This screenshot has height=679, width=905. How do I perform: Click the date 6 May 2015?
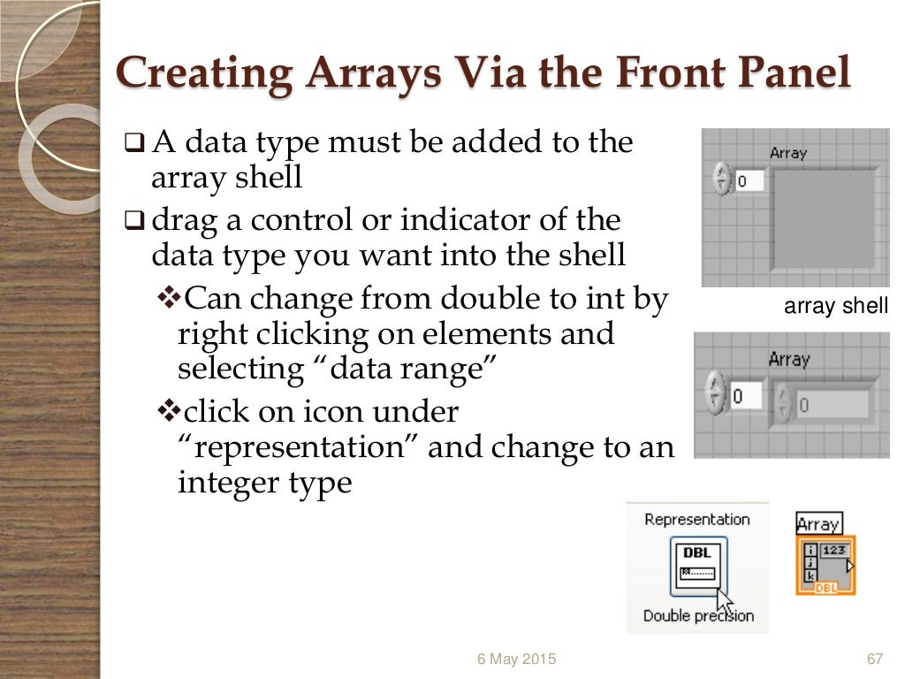coord(517,660)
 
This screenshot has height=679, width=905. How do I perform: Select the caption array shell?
coord(836,307)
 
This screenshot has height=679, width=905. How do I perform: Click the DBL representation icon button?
coord(698,567)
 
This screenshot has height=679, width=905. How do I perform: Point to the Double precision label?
coord(698,615)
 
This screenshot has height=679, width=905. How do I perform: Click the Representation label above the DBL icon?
coord(697,519)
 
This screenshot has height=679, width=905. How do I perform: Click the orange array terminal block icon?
coord(825,565)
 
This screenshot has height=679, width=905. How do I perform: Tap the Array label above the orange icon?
coord(818,523)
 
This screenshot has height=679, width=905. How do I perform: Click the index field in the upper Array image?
coord(752,181)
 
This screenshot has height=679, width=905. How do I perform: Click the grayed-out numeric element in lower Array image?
coord(832,405)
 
